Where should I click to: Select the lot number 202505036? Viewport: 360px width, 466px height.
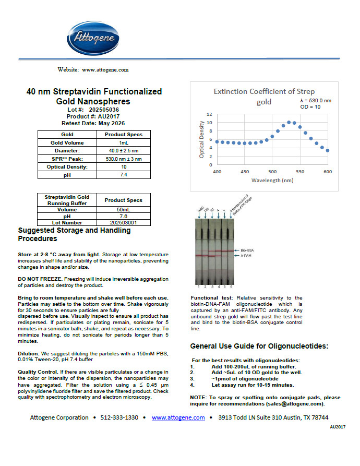[104, 110]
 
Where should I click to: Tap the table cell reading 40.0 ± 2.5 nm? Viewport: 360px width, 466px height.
[123, 150]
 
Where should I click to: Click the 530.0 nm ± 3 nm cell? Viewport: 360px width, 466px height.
[123, 159]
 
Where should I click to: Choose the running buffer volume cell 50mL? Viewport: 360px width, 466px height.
[123, 209]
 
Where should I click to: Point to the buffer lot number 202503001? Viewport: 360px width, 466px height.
[123, 222]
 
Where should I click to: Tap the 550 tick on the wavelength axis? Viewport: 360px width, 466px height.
[299, 172]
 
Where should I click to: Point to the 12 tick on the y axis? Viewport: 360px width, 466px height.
[209, 114]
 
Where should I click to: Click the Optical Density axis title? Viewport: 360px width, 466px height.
[201, 139]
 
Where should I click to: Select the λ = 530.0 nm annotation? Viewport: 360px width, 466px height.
[316, 100]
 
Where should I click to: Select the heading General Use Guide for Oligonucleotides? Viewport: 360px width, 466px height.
[259, 346]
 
